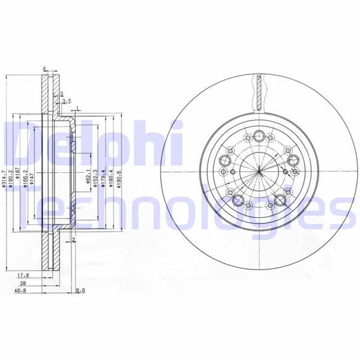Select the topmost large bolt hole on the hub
pos(259,135)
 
